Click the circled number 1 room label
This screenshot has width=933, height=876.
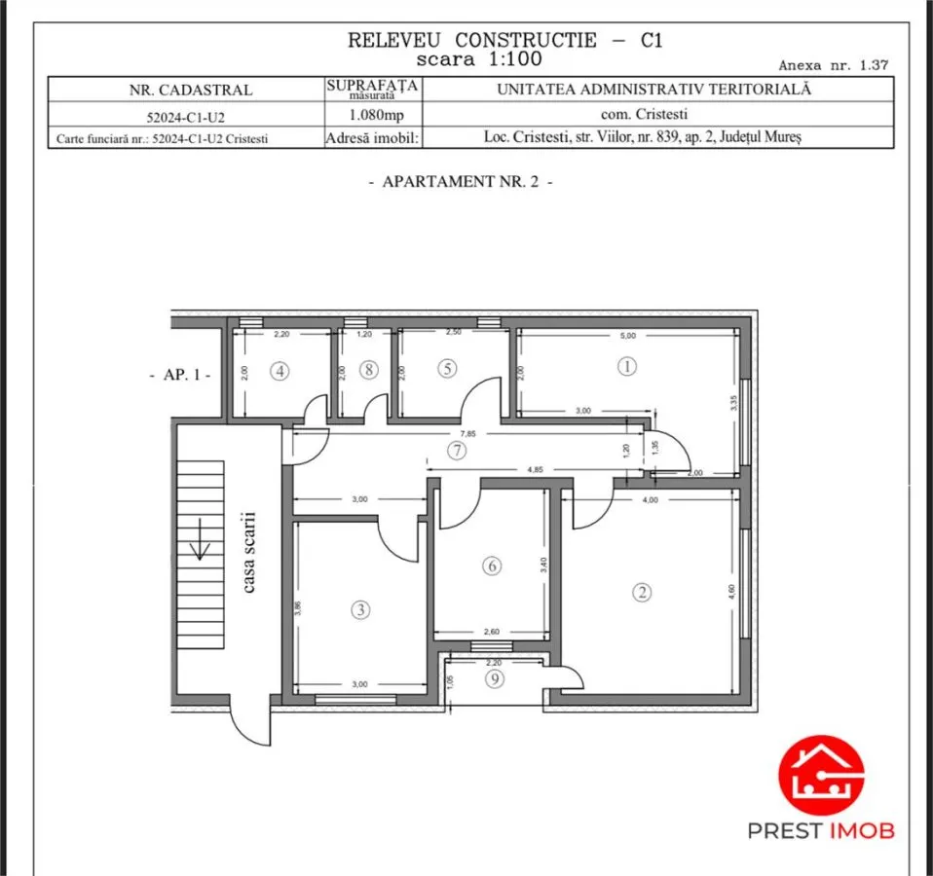pos(626,366)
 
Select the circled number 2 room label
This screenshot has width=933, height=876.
pos(642,593)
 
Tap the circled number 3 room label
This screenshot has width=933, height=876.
pos(360,609)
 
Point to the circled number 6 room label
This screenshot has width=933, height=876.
pos(492,566)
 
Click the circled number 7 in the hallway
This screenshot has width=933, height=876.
pos(457,451)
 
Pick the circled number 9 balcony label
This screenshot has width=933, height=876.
pos(495,678)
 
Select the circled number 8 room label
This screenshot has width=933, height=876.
pos(369,370)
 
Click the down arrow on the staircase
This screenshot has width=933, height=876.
pos(200,539)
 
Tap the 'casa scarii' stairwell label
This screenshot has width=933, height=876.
pos(248,553)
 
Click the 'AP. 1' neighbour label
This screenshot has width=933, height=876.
pos(180,375)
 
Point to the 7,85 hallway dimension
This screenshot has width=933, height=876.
pos(468,433)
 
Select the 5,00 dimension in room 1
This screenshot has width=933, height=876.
pos(628,336)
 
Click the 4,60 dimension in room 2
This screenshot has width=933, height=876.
pos(731,591)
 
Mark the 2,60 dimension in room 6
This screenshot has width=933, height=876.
pos(492,632)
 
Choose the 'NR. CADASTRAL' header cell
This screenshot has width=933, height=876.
pos(191,90)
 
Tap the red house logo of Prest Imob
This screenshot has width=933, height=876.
pos(821,775)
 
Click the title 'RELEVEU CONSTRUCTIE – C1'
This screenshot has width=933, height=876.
pos(504,40)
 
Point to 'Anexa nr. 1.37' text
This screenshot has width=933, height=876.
pos(833,65)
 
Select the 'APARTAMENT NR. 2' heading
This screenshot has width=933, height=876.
pos(461,181)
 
